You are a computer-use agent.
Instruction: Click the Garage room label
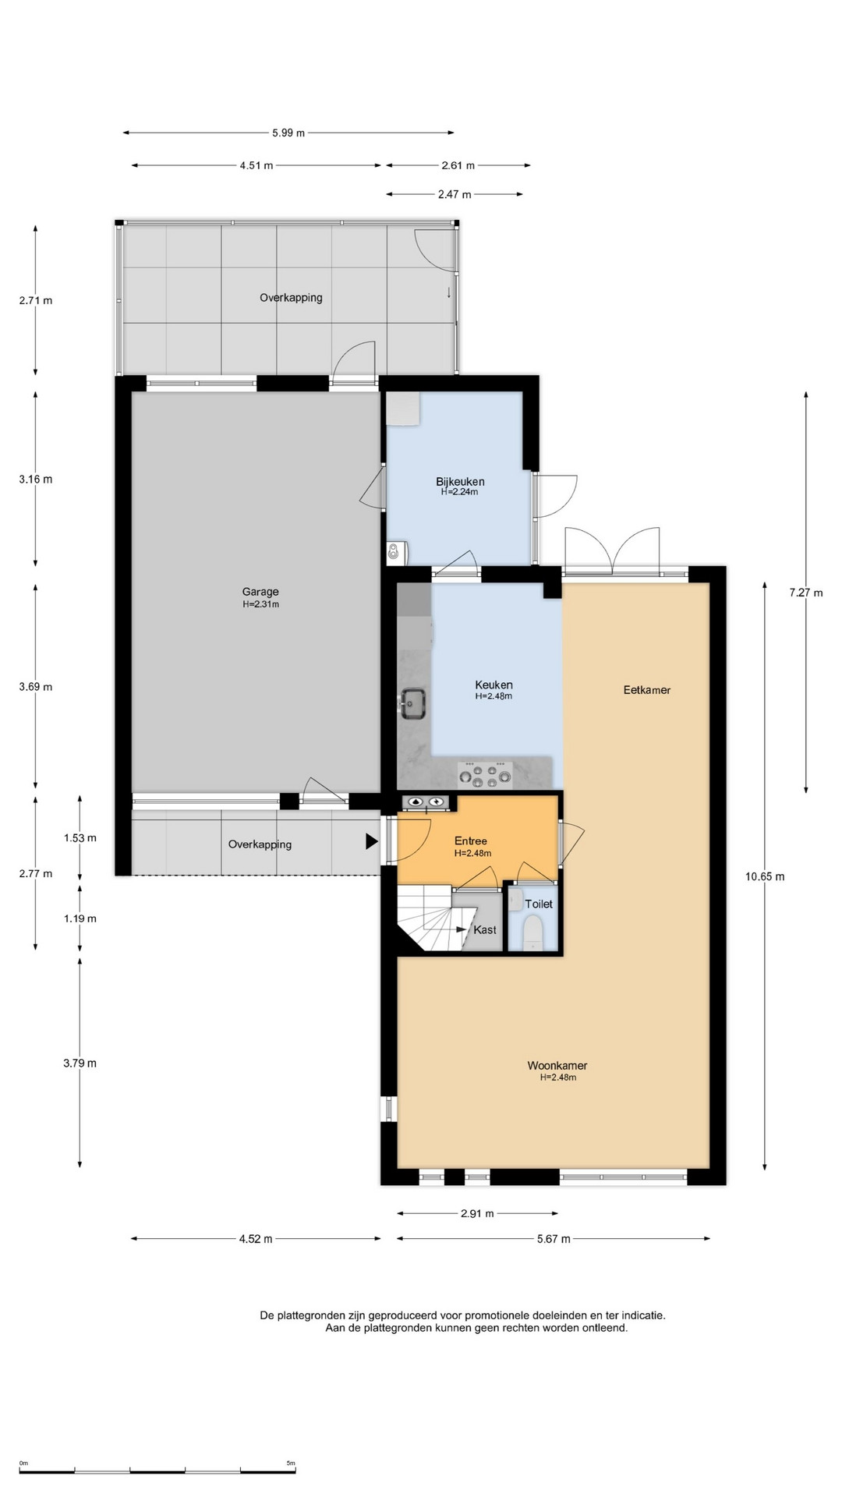pos(260,592)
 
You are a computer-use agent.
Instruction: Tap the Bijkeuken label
pos(460,482)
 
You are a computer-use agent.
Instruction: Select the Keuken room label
pos(494,685)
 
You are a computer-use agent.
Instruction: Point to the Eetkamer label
pos(647,690)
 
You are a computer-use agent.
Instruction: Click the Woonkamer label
pos(557,1066)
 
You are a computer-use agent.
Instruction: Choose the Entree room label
pos(471,841)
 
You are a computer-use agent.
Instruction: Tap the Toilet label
pos(539,904)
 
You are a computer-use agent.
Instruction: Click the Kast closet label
pos(485,929)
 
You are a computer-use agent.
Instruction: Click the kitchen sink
pos(413,703)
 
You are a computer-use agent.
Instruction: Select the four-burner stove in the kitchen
pos(485,774)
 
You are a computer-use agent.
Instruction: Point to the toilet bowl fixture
pos(533,933)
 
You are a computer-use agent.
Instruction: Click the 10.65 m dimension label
pos(765,876)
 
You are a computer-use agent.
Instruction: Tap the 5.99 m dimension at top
pos(288,133)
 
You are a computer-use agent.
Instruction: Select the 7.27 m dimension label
pos(806,593)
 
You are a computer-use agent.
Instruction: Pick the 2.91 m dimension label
pos(476,1214)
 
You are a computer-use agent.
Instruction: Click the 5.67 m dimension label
pos(554,1239)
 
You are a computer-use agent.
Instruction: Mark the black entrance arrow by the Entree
pos(372,841)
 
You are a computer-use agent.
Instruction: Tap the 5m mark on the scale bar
pos(291,1463)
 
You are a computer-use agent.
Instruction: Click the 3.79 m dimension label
pos(80,1063)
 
